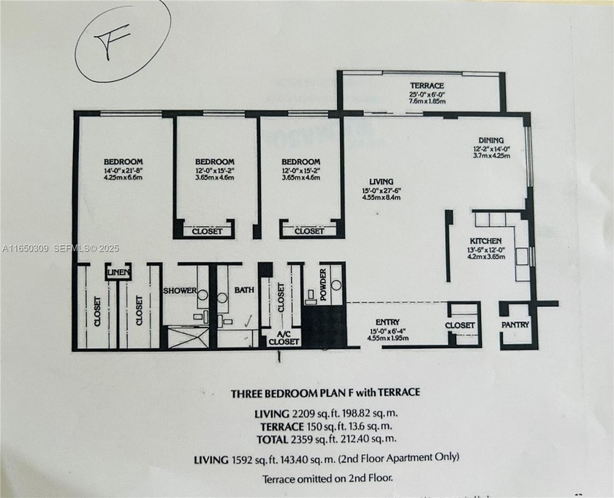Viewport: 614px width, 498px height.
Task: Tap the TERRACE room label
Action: pyautogui.click(x=426, y=86)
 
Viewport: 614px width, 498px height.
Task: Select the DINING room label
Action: pyautogui.click(x=491, y=140)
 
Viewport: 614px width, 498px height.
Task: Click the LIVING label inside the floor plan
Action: pyautogui.click(x=382, y=181)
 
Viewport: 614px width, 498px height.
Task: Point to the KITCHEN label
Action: pyautogui.click(x=485, y=240)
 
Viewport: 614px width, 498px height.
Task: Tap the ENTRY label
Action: pyautogui.click(x=387, y=321)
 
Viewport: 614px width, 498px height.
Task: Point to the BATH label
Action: pyautogui.click(x=243, y=290)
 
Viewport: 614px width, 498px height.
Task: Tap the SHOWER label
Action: pyautogui.click(x=179, y=290)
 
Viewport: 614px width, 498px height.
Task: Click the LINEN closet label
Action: pyautogui.click(x=118, y=273)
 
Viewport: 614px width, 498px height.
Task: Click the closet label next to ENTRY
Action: pyautogui.click(x=460, y=325)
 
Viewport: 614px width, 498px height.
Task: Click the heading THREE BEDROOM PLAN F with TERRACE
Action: pyautogui.click(x=325, y=393)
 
